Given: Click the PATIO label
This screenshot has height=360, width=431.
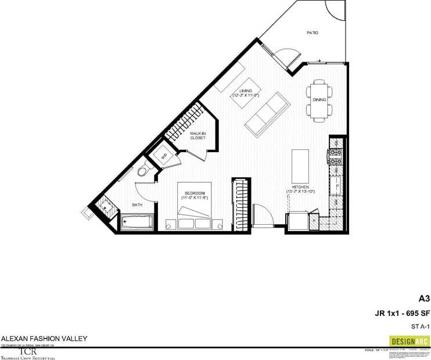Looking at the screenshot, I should point(313,33).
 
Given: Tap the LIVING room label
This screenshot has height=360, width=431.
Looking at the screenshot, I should point(245,91).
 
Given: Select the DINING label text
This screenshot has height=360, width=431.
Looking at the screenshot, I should point(319,100).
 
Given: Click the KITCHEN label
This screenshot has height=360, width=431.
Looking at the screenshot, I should point(300,186).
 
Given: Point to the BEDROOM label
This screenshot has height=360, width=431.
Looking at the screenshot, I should point(193,193).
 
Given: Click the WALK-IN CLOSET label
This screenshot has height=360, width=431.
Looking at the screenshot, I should point(198,135).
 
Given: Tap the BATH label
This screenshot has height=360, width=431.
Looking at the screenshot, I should point(138,204).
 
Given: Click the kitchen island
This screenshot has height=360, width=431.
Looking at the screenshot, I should point(299,165).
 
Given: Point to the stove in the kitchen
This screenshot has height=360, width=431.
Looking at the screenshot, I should point(337,154).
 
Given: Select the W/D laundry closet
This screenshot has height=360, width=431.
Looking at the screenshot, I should point(163,156).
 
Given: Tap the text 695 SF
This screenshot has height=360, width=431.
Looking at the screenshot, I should point(416,314).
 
